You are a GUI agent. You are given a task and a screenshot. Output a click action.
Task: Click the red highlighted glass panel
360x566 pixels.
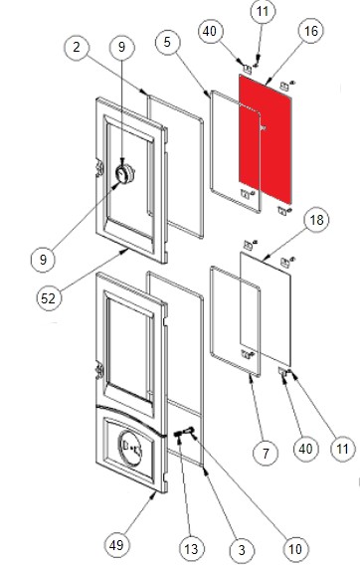coord(266,139)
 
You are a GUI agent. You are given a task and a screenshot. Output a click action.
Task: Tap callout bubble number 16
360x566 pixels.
coord(311,31)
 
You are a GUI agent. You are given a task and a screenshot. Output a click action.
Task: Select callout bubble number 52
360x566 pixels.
coord(49,298)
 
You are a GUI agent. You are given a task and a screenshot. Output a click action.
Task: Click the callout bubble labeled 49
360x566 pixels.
coord(116,545)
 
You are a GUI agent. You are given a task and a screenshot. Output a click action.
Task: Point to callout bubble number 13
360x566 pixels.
coord(191,549)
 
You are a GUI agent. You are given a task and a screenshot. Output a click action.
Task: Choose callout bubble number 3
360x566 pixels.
coord(242,550)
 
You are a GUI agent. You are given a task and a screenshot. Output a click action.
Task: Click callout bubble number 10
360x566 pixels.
coord(295,549)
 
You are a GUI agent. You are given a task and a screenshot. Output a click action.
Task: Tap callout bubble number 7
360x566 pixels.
coord(266,453)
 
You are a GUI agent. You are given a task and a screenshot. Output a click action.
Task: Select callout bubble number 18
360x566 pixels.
coord(316,220)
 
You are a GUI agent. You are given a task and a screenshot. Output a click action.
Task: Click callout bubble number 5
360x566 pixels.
coord(167,42)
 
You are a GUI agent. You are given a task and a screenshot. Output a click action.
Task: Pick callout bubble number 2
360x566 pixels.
coord(77,47)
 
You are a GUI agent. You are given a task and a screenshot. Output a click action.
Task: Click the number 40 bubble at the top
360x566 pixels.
coord(210,31)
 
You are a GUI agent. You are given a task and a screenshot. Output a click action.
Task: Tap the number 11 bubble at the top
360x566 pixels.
coord(263,12)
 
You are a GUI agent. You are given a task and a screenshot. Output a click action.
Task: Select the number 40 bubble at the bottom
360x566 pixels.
coord(305,449)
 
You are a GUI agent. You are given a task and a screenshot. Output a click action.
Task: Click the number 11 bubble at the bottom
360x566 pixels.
coord(342,449)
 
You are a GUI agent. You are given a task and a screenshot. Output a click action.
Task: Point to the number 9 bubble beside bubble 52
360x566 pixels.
coord(43,260)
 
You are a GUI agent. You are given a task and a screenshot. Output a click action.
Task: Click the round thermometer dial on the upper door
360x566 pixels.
coord(125,174)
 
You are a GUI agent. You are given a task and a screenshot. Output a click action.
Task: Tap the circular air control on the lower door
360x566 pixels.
coord(130,448)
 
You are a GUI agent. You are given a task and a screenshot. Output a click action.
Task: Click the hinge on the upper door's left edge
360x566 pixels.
coord(98,169)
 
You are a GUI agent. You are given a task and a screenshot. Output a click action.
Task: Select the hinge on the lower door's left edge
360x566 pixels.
coord(98,372)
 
